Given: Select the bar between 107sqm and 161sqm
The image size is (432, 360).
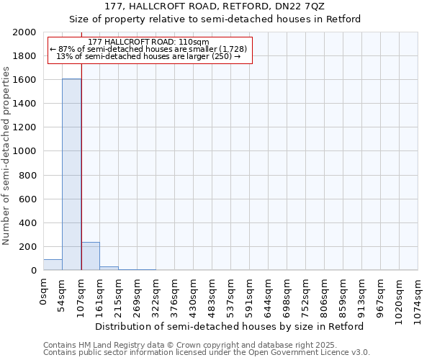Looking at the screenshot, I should (90, 256).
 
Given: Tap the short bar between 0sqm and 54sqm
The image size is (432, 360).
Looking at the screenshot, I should (53, 265).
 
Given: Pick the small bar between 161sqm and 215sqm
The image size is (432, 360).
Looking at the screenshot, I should (109, 269).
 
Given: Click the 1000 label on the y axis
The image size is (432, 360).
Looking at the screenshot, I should (25, 152).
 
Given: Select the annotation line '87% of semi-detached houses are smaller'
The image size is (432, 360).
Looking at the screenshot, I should (148, 49).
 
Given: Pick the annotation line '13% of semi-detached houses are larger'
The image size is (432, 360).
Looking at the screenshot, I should (148, 56).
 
